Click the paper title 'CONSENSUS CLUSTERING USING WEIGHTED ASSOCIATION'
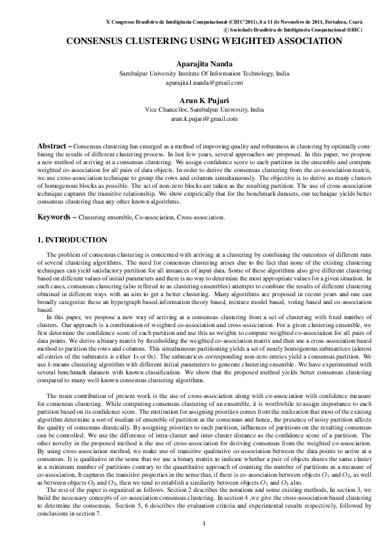(x=204, y=41)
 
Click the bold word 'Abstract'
(x=52, y=144)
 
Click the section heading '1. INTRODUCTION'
(x=73, y=240)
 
